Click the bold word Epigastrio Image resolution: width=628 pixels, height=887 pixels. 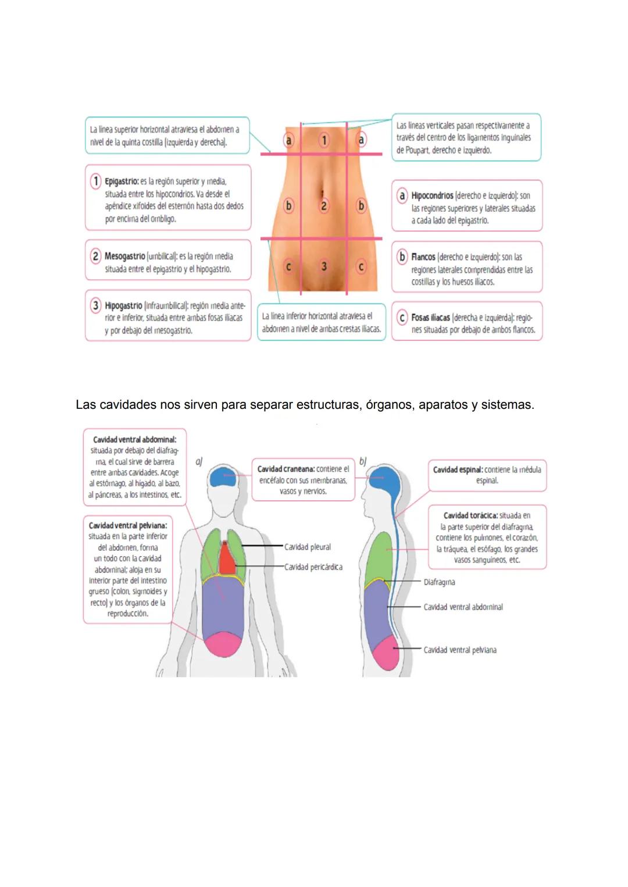[x=121, y=181]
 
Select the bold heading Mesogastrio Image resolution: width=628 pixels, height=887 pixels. [x=124, y=256]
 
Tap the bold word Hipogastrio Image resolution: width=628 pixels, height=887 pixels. [x=123, y=305]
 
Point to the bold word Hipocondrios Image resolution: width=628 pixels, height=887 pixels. [x=432, y=195]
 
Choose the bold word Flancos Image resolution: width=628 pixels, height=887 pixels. [x=423, y=257]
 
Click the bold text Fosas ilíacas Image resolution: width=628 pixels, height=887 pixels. [x=430, y=318]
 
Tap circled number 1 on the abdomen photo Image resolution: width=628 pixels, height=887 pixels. [x=324, y=140]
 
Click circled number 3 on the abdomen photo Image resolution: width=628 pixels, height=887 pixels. [x=324, y=266]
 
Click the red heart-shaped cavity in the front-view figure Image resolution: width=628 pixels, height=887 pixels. [x=226, y=557]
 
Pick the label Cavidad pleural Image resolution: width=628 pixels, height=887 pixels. [x=307, y=547]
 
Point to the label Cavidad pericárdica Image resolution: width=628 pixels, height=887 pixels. [x=313, y=567]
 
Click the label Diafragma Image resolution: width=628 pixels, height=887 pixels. [x=439, y=582]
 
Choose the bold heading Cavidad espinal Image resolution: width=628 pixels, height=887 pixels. [x=457, y=469]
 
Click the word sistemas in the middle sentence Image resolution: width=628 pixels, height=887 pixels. [x=507, y=404]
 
